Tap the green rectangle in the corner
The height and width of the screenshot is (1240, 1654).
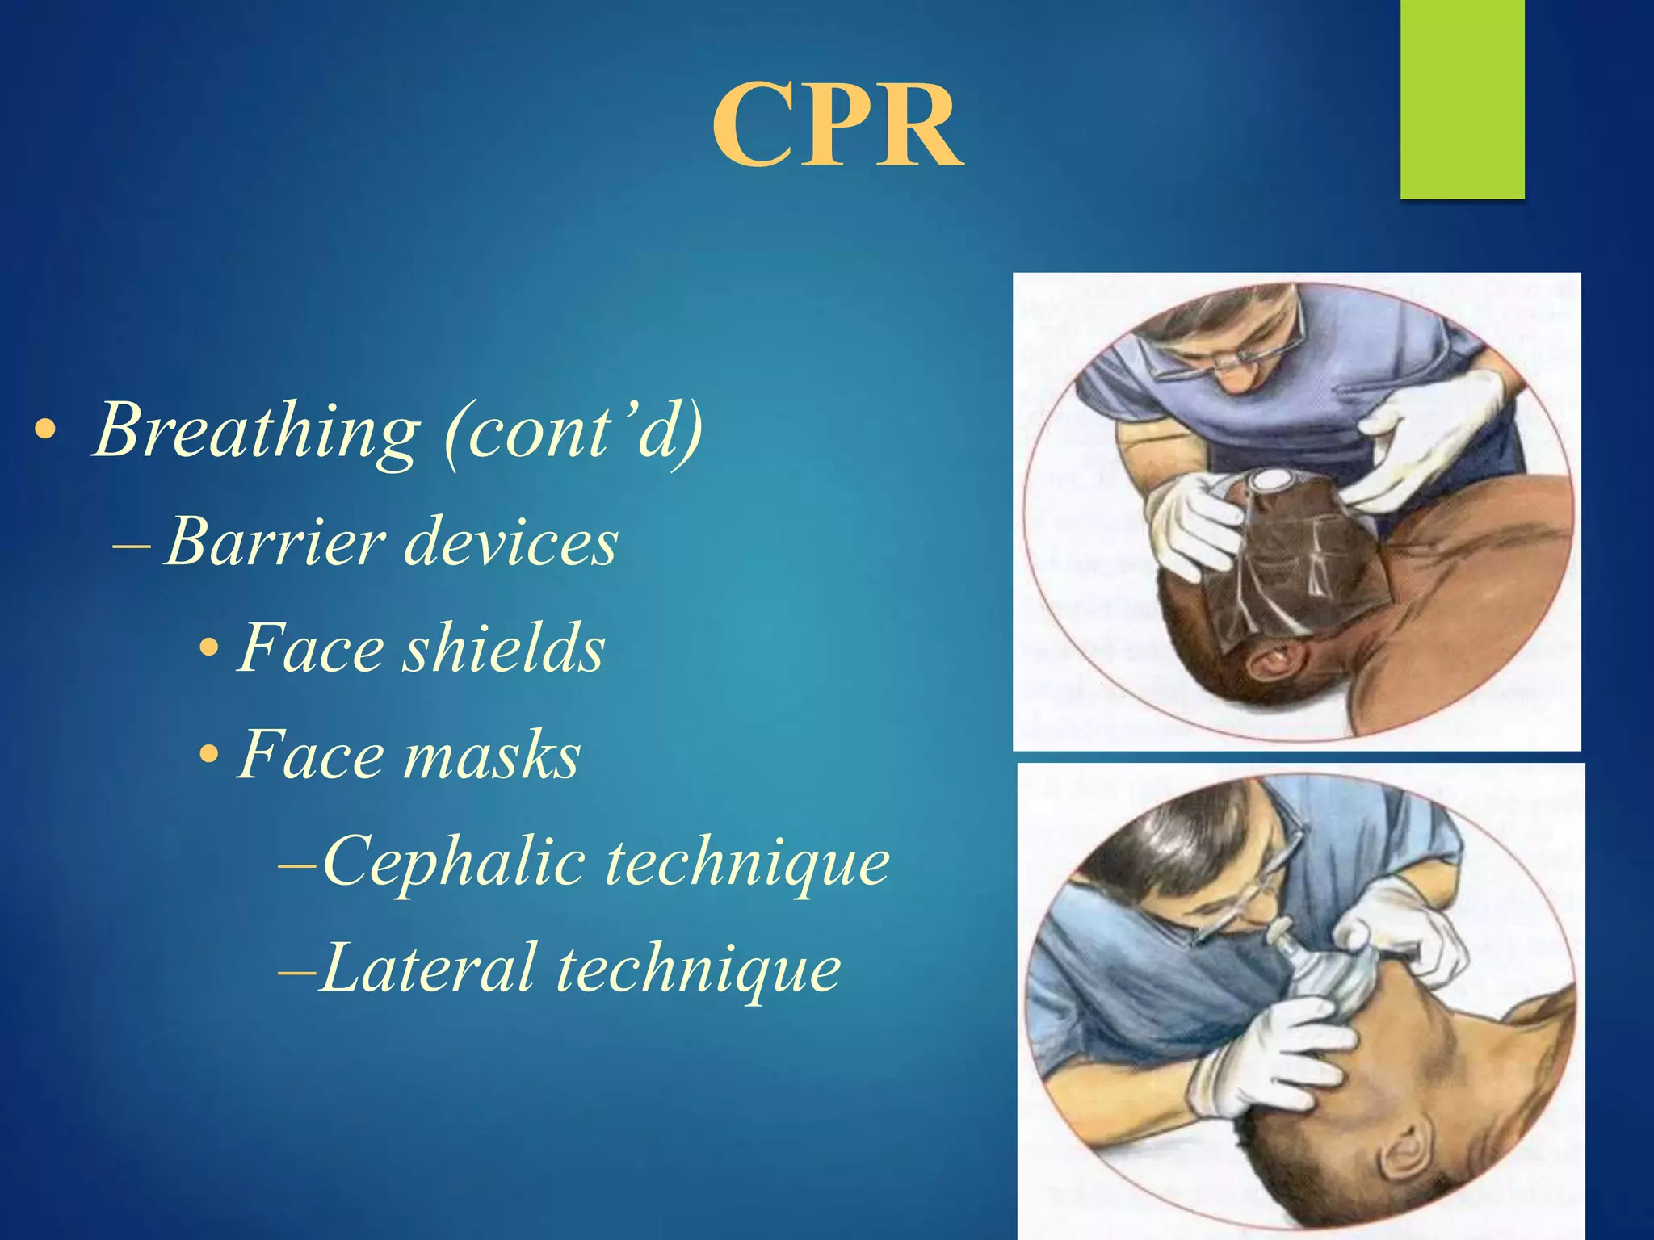click(x=1462, y=98)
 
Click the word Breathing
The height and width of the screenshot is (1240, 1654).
click(x=257, y=430)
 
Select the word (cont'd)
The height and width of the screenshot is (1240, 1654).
click(x=574, y=430)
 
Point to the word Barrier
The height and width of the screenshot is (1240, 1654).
click(x=275, y=542)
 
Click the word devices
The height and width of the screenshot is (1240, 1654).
click(x=511, y=542)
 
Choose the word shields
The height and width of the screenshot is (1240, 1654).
click(x=504, y=648)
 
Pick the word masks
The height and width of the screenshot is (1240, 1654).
click(x=492, y=756)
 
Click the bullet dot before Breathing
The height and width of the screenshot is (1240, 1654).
click(x=45, y=431)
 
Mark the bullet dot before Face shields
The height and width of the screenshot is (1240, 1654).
click(x=209, y=649)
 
